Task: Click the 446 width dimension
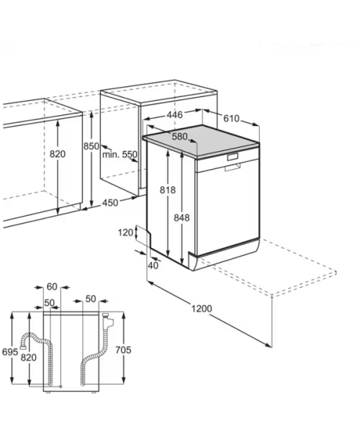click(x=174, y=115)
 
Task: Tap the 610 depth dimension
click(x=231, y=119)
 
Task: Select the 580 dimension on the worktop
click(x=179, y=137)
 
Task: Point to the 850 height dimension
click(x=91, y=146)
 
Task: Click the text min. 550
click(x=120, y=155)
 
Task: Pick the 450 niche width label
click(x=110, y=203)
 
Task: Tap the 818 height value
click(x=168, y=190)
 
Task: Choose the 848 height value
click(x=181, y=217)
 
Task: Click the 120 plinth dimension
click(x=125, y=232)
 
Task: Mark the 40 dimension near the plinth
click(x=153, y=265)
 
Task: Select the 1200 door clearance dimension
click(x=202, y=309)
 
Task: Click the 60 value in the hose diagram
click(x=52, y=287)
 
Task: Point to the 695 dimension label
click(x=10, y=352)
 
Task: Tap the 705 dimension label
click(x=123, y=350)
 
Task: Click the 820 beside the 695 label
click(x=29, y=358)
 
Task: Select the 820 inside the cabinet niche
click(x=58, y=154)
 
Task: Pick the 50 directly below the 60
click(x=49, y=303)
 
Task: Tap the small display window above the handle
click(x=233, y=156)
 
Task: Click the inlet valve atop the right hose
click(x=107, y=321)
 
